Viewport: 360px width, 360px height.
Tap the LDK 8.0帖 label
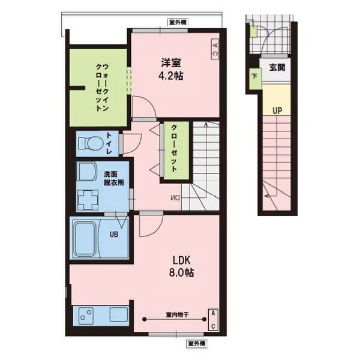tap(182, 266)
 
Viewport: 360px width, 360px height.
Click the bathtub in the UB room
tap(85, 239)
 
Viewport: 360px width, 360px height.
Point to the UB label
tap(114, 235)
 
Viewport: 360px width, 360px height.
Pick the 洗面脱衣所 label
tap(113, 179)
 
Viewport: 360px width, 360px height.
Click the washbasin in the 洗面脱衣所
tap(87, 172)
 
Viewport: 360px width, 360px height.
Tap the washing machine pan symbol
tap(88, 200)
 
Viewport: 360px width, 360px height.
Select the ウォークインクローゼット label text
tap(102, 88)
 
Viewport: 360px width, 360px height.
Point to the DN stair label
tap(176, 197)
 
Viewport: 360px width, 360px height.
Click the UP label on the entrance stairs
tap(277, 111)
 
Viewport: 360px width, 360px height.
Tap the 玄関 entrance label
tap(277, 67)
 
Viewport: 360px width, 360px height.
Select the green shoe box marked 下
tap(255, 79)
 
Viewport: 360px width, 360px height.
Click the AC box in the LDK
tap(213, 320)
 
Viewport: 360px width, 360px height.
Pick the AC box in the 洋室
tap(215, 49)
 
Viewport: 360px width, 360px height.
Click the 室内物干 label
tap(178, 314)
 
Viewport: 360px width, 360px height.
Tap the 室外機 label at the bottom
tap(197, 343)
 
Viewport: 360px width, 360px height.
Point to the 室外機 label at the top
tap(178, 22)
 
